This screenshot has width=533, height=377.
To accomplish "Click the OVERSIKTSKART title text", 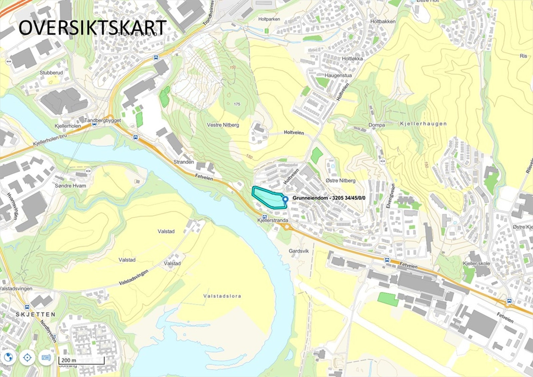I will (x=92, y=27).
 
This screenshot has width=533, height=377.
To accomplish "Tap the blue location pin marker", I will (x=285, y=199).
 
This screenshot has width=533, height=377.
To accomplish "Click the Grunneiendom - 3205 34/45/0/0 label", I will (x=329, y=198).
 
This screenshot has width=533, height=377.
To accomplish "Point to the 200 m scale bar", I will (x=81, y=361).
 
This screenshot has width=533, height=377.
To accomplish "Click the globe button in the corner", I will (x=8, y=358).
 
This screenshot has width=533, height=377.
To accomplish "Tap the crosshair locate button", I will (x=27, y=358).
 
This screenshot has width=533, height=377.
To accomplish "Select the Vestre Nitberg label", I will (x=223, y=125).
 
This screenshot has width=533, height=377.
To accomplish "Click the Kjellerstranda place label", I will (x=273, y=220).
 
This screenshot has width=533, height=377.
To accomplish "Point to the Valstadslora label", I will (x=222, y=296).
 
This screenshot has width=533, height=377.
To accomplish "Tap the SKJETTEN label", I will (x=36, y=314).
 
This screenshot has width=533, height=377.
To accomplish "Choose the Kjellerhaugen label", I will (x=423, y=124).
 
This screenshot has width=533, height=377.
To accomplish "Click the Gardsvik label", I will (x=299, y=251).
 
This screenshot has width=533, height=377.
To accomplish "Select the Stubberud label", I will (x=51, y=73).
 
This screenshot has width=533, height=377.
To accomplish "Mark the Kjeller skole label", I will (x=476, y=263).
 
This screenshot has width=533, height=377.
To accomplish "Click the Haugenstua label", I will (x=338, y=75).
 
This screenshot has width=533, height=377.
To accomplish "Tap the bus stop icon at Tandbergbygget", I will (x=95, y=124).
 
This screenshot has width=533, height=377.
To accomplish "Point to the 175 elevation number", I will (x=237, y=104).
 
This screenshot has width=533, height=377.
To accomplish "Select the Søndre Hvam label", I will (x=70, y=186).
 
